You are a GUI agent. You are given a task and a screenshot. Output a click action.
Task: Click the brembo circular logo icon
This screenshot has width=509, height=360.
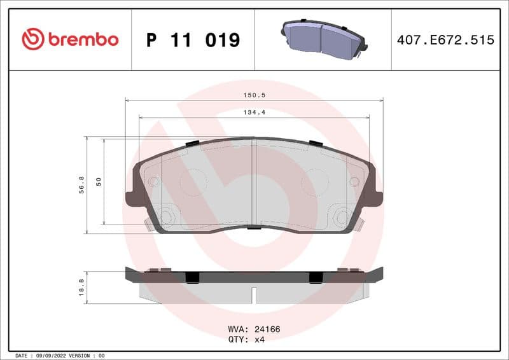[33, 39]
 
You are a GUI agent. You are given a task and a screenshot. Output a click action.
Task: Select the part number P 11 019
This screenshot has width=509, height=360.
[193, 40]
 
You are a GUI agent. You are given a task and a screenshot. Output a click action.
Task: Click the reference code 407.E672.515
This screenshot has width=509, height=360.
[445, 40]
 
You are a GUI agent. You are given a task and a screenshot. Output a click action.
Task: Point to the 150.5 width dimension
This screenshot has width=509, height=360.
[254, 95]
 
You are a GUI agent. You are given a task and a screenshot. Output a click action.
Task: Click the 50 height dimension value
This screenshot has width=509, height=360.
[99, 182]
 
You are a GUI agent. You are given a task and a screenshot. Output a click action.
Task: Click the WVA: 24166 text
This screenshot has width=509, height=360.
[254, 329]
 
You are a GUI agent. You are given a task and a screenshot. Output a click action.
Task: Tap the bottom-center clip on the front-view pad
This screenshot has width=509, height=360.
[253, 227]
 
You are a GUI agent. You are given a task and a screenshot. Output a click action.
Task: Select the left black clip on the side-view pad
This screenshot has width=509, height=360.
[192, 277]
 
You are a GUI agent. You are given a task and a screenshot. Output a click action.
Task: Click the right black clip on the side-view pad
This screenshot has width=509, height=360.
[315, 277]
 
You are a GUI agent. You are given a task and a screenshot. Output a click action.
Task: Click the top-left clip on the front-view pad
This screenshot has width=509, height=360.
[193, 142]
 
